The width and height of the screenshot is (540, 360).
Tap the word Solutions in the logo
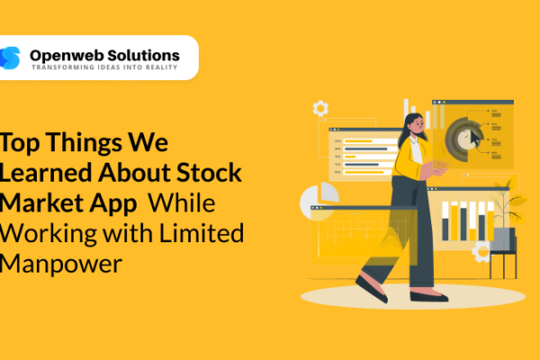[x=144, y=55]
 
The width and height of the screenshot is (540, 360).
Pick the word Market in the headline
[x=38, y=202]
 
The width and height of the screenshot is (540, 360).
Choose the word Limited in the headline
[x=204, y=232]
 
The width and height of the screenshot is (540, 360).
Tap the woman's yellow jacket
[x=410, y=161]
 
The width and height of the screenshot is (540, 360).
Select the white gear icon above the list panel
[x=320, y=109]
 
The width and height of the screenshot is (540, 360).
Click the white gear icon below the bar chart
[x=481, y=253]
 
